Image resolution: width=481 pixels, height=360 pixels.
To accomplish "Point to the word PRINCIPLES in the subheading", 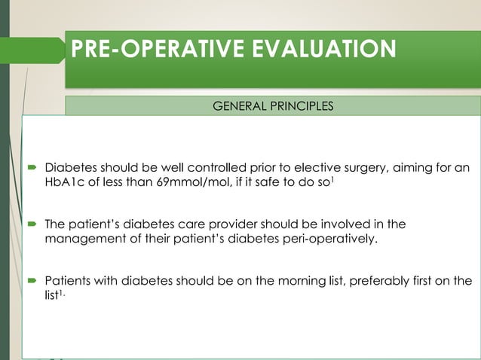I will pyautogui.click(x=302, y=106).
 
